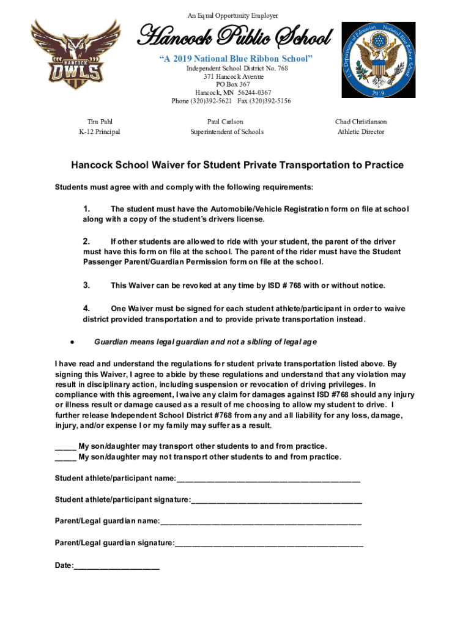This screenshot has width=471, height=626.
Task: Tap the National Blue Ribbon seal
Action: point(377,60)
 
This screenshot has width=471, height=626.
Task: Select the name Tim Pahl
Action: point(99,122)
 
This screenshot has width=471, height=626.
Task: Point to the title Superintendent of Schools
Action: point(226,132)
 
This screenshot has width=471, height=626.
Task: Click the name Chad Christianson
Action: point(361,122)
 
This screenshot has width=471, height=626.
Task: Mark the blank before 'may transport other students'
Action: point(65,447)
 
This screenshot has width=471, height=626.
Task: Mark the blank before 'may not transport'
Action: point(65,458)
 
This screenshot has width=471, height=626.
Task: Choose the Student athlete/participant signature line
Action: point(276,501)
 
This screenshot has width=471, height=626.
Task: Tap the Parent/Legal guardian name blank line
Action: point(261,522)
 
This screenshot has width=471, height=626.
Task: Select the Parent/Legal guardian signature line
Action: point(269,543)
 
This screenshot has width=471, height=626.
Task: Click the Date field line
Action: point(117,567)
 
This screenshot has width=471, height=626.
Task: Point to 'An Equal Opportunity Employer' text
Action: point(236,15)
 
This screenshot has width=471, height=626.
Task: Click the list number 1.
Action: point(87,210)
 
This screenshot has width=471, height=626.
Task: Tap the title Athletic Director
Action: point(361,132)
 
